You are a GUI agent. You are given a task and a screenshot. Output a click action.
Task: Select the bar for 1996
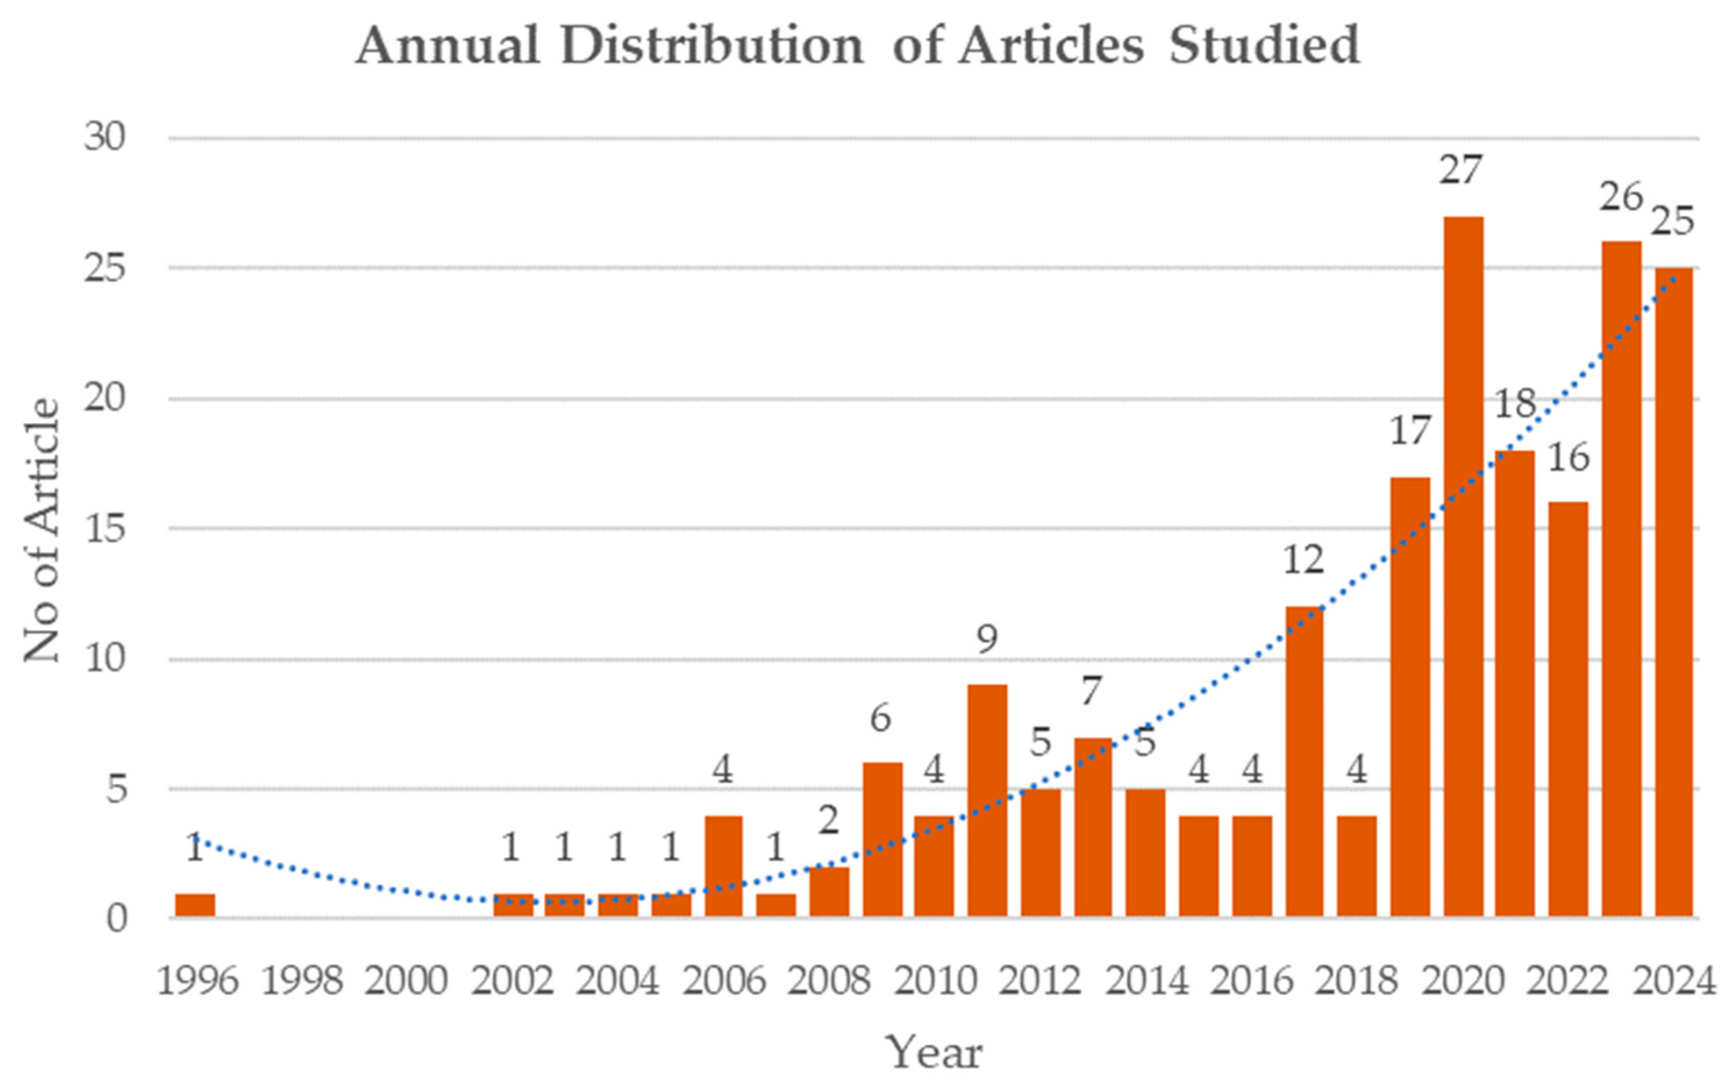pos(195,905)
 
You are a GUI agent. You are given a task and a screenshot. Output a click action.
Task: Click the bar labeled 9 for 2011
pos(987,801)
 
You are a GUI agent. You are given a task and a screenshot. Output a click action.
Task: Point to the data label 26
pos(1621,197)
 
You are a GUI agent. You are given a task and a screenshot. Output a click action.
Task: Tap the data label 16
pos(1568,458)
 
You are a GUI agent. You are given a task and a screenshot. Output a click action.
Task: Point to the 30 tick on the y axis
pos(104,137)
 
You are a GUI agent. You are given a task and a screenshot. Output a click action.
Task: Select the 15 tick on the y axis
pos(104,529)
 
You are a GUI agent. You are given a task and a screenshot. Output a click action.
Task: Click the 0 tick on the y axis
pos(116,919)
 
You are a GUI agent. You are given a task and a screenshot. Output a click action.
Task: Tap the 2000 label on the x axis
pos(406,981)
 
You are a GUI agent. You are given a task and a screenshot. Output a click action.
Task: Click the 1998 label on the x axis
pos(301,981)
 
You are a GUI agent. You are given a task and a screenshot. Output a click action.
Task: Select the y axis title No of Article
pos(41,529)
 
